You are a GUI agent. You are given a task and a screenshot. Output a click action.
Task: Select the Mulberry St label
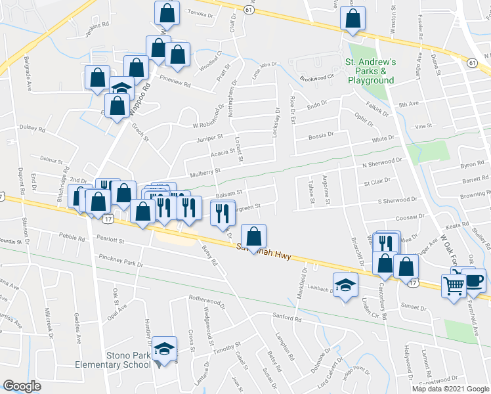pos(203,171)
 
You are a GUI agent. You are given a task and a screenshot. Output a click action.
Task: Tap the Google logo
pos(22,385)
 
